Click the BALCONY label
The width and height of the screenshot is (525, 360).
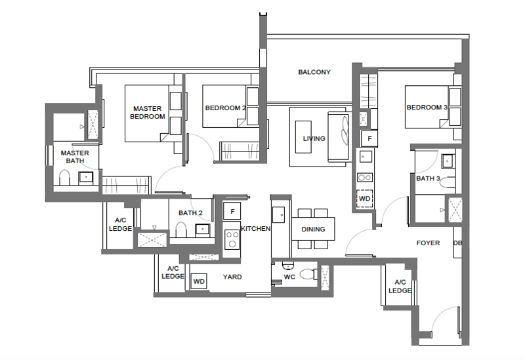314,72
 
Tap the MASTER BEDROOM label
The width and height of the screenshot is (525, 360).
147,112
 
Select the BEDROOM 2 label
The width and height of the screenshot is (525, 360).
225,108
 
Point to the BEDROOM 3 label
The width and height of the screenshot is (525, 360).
427,108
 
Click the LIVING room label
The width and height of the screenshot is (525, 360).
314,138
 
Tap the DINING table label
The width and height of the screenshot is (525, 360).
313,230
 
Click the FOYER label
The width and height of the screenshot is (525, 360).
428,243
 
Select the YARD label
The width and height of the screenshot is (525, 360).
232,277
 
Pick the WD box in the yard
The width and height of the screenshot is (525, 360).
199,281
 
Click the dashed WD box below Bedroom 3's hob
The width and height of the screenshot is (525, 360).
365,199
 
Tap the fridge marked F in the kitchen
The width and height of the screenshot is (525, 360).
232,211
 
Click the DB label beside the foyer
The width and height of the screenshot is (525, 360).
457,243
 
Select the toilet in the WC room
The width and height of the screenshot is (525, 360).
308,275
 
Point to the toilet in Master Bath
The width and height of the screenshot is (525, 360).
64,178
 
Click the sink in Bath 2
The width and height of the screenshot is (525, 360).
203,230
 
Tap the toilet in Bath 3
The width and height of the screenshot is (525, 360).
448,183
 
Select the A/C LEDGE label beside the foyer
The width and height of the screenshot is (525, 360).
400,286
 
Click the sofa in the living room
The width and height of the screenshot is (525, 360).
339,137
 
